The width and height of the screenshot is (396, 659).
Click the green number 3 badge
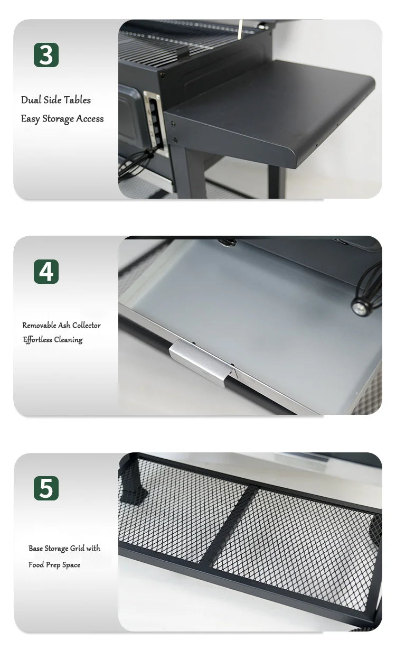click(x=46, y=55)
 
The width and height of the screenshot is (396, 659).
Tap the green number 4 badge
click(x=46, y=272)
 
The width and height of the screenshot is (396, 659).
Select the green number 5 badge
click(x=46, y=488)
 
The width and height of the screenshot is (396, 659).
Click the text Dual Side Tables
click(x=56, y=100)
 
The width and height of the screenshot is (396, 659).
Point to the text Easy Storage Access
click(x=62, y=119)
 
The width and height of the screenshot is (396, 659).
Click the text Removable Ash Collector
click(x=61, y=326)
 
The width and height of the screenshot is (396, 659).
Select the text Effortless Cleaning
click(x=53, y=340)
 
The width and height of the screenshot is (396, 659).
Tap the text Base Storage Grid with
click(x=64, y=549)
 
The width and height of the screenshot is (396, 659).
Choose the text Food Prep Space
click(x=54, y=565)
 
